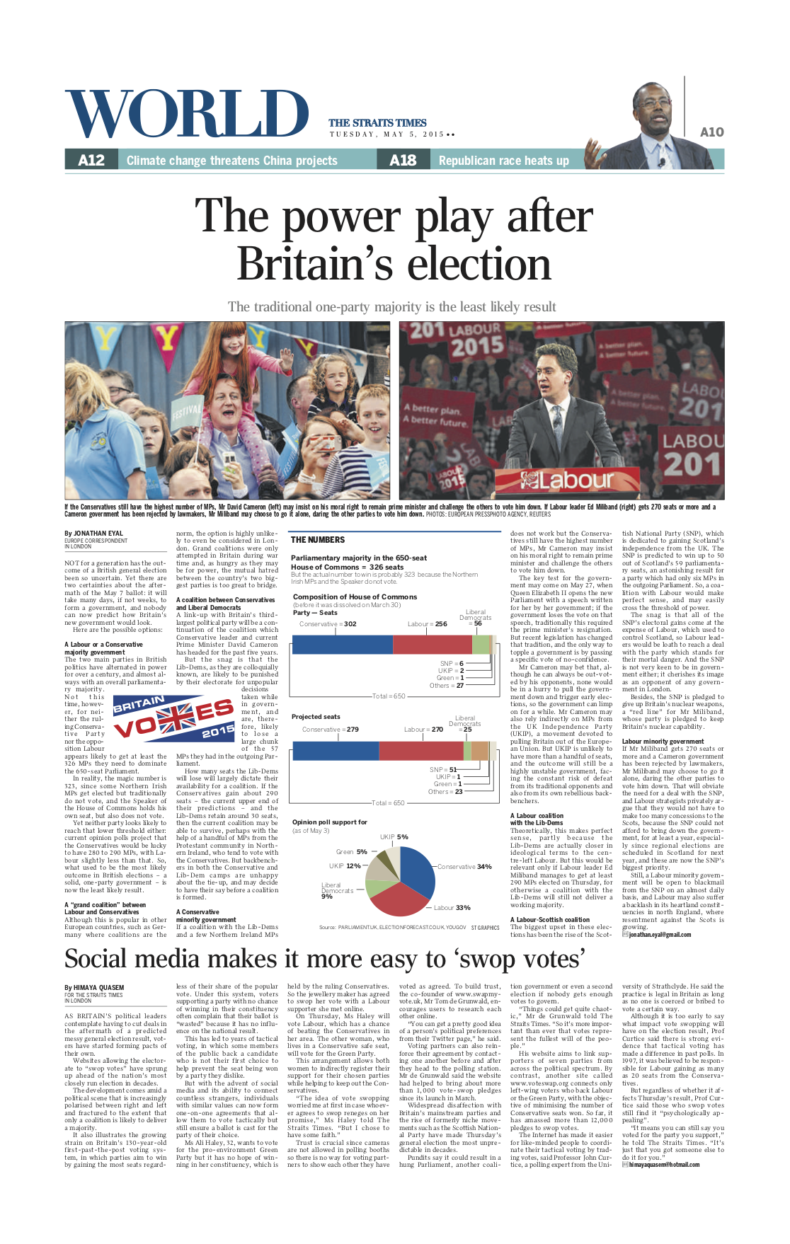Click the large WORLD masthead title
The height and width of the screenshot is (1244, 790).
(x=187, y=115)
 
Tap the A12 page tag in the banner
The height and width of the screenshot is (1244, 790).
(x=91, y=161)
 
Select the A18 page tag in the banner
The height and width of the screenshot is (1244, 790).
(x=403, y=161)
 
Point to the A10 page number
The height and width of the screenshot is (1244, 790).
(x=711, y=132)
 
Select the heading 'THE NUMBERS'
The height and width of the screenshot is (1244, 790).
(x=318, y=540)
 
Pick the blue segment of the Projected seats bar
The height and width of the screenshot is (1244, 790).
(x=335, y=751)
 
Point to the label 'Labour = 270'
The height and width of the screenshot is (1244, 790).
(x=423, y=730)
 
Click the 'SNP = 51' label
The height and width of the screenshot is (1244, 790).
(x=443, y=769)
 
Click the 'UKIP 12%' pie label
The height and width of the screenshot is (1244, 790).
(x=345, y=866)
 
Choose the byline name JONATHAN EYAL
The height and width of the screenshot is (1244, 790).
(x=98, y=534)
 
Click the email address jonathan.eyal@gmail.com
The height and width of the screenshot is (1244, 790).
(x=660, y=935)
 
